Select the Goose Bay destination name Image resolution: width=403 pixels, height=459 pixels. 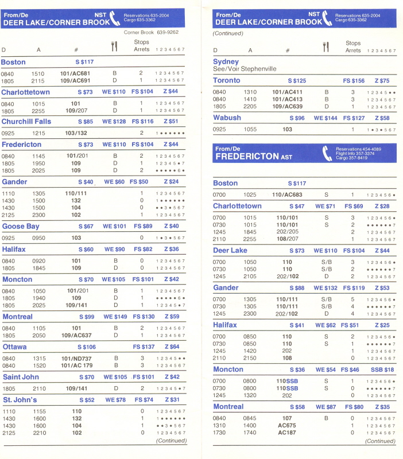22,226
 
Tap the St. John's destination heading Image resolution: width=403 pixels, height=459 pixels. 20,399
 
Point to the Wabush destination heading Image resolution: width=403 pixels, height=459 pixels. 227,118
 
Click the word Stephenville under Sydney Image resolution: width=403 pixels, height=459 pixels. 258,69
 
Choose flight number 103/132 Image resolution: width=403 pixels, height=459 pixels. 76,133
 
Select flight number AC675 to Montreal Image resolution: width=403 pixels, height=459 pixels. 286,426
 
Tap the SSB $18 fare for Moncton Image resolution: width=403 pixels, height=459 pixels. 382,369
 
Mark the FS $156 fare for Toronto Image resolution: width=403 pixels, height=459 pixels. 354,81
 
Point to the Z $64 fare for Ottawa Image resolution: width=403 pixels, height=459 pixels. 172,347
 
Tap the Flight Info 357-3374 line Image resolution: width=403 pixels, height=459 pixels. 355,153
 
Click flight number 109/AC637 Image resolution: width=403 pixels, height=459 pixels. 76,336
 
